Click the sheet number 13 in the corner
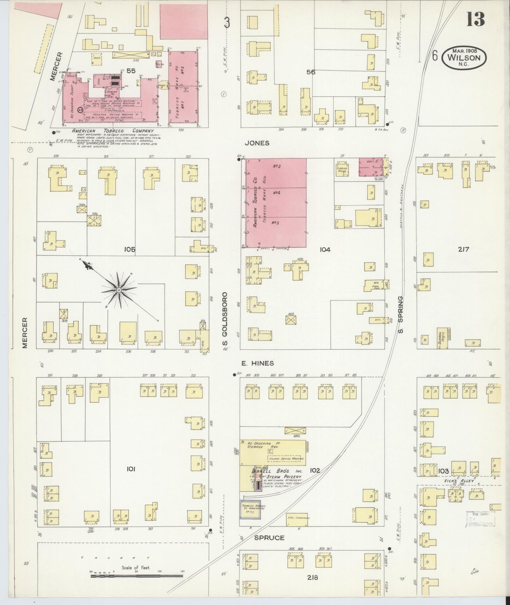point(475,20)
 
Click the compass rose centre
point(119,290)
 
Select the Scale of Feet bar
point(137,576)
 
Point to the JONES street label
point(257,143)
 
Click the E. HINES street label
point(257,363)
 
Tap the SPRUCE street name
point(270,538)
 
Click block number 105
point(130,250)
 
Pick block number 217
point(463,249)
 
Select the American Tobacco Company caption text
point(113,131)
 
